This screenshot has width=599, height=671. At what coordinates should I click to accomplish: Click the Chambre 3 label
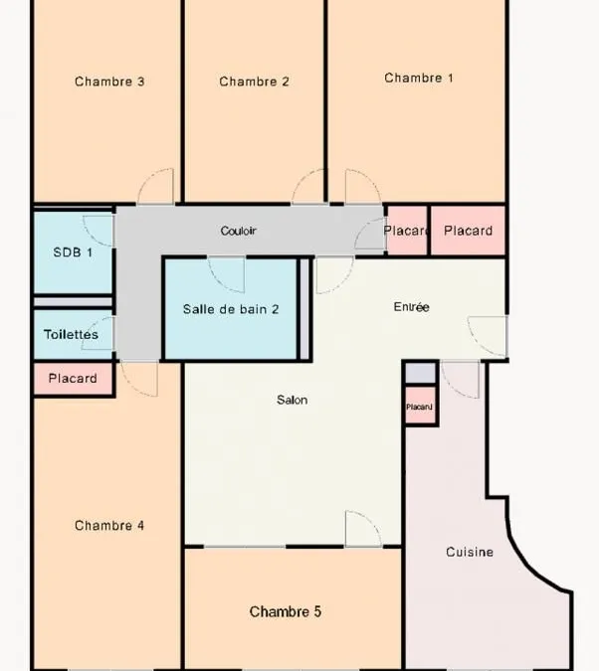click(x=109, y=82)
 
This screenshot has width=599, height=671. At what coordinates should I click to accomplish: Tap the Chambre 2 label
click(x=254, y=82)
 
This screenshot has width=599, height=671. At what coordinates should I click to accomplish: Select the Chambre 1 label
click(x=419, y=78)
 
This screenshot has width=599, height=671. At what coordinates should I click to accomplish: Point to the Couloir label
click(x=238, y=231)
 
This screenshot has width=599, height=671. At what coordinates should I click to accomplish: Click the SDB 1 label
click(x=73, y=252)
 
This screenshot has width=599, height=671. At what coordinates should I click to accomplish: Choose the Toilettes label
click(x=71, y=334)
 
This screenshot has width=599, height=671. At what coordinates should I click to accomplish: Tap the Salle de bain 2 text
click(x=231, y=309)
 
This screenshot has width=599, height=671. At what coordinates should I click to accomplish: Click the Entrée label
click(x=411, y=306)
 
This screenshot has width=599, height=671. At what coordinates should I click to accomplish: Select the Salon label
click(x=292, y=400)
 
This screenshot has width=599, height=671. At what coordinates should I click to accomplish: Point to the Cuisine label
click(x=470, y=552)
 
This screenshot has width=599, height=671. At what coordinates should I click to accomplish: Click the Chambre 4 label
click(x=109, y=525)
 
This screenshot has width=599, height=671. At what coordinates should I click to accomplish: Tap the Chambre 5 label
click(x=286, y=611)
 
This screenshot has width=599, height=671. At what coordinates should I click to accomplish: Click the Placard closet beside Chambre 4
click(x=73, y=379)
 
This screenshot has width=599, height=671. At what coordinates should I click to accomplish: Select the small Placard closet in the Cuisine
click(x=420, y=406)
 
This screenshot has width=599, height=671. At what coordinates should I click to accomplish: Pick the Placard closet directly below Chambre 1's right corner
click(x=468, y=231)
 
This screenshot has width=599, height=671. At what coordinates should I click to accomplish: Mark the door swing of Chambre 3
click(x=155, y=186)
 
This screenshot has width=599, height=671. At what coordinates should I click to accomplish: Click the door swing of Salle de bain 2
click(x=226, y=275)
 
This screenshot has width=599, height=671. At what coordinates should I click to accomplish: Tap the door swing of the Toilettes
click(x=98, y=333)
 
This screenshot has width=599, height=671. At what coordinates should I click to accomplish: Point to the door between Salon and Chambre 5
click(x=363, y=529)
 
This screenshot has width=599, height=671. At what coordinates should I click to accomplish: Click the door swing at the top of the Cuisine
click(x=460, y=380)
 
